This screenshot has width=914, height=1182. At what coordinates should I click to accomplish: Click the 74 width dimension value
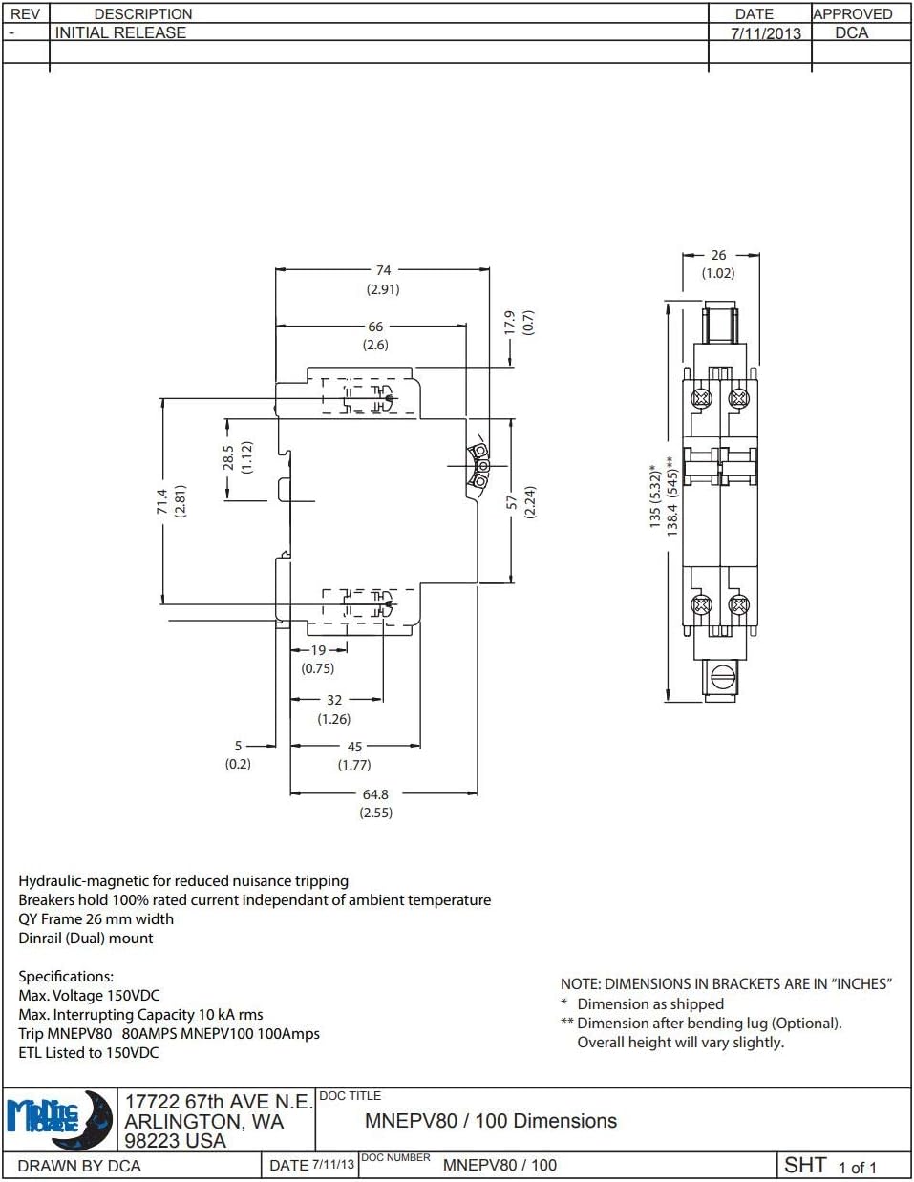pyautogui.click(x=383, y=270)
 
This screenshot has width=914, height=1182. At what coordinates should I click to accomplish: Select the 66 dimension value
pyautogui.click(x=375, y=327)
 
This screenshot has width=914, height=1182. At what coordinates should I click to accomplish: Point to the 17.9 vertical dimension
pyautogui.click(x=509, y=323)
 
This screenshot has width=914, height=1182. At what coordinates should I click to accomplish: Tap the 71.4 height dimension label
pyautogui.click(x=162, y=501)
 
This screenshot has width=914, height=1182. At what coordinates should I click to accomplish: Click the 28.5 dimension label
pyautogui.click(x=228, y=457)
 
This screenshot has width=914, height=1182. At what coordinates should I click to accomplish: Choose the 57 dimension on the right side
pyautogui.click(x=512, y=501)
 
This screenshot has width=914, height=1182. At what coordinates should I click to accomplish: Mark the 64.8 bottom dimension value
pyautogui.click(x=375, y=794)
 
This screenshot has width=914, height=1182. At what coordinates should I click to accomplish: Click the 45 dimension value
pyautogui.click(x=354, y=747)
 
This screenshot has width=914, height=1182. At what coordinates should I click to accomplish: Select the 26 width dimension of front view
pyautogui.click(x=718, y=255)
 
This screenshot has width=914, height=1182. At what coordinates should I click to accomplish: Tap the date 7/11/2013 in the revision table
pyautogui.click(x=766, y=33)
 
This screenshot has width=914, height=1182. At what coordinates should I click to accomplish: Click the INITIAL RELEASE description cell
pyautogui.click(x=121, y=32)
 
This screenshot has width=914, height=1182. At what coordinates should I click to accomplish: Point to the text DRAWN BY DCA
pyautogui.click(x=79, y=1166)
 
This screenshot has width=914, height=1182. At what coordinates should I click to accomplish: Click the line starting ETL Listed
pyautogui.click(x=89, y=1052)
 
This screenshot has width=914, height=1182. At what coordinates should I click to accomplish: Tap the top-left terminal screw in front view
pyautogui.click(x=702, y=397)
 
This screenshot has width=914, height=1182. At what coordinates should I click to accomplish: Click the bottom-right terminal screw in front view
pyautogui.click(x=737, y=604)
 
